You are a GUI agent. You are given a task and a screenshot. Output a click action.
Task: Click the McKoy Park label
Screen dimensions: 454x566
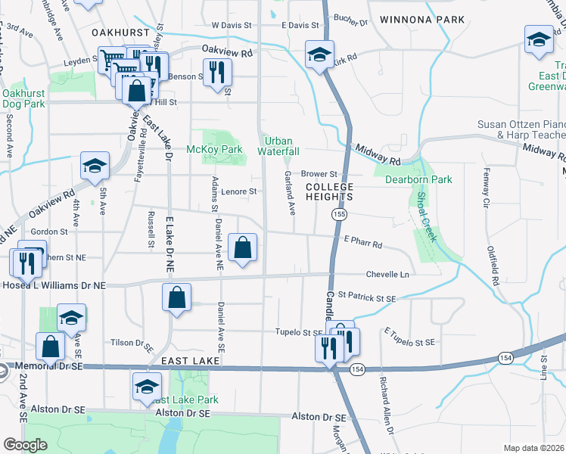214,150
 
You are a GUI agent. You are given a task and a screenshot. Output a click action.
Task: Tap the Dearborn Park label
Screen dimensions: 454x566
418,179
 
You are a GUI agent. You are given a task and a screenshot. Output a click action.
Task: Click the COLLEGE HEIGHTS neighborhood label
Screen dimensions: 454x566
329,191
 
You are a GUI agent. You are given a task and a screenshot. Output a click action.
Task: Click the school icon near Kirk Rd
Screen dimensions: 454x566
319,55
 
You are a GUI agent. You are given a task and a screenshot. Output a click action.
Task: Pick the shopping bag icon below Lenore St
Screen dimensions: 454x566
242,248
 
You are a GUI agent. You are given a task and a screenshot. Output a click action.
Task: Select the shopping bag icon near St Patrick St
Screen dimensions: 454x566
176,297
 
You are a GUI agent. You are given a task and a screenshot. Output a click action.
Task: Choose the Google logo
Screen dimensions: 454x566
25,445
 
